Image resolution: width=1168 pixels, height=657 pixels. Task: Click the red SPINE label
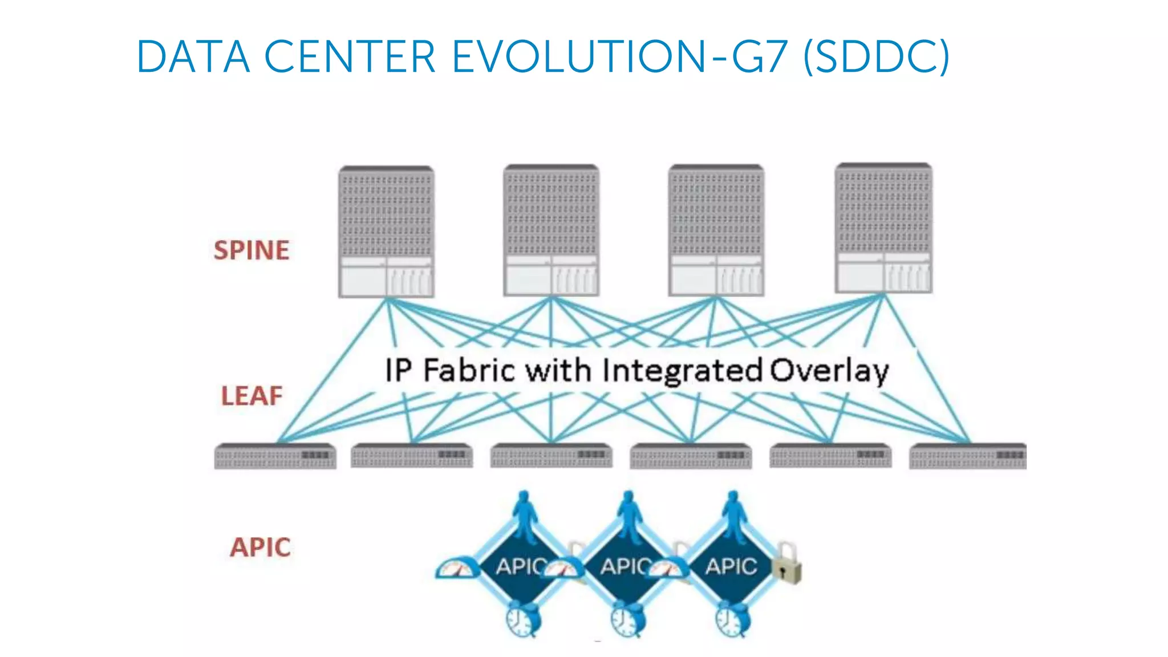tap(252, 250)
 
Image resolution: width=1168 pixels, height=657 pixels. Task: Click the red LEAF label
tap(252, 396)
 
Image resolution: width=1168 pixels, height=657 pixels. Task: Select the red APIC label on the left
tap(260, 547)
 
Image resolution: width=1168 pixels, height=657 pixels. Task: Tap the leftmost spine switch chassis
tap(386, 232)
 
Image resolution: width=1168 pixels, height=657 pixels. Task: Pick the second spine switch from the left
tap(551, 230)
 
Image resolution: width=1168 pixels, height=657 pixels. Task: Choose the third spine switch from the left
tap(716, 230)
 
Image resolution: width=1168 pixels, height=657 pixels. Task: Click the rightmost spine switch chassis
tap(883, 228)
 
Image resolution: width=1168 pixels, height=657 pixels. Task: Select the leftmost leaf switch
tap(275, 456)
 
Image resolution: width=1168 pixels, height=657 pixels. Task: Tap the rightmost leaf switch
tap(968, 456)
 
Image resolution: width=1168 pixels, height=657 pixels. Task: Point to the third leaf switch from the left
tap(551, 456)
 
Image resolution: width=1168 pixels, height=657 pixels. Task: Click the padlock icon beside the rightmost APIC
tap(786, 564)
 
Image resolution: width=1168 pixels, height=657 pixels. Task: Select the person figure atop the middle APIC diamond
tap(628, 516)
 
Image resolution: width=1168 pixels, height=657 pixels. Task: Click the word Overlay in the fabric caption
tap(829, 371)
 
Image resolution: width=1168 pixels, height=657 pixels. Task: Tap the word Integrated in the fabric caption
tap(682, 371)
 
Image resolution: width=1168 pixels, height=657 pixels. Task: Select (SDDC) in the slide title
tap(876, 57)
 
